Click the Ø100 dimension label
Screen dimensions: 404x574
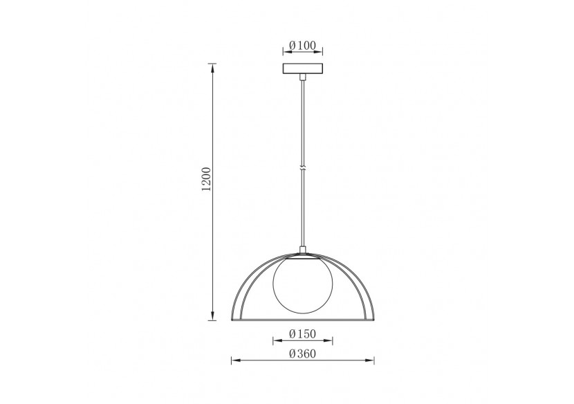pyautogui.click(x=303, y=46)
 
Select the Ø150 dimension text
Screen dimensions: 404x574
pyautogui.click(x=303, y=334)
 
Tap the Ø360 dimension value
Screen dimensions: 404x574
pyautogui.click(x=303, y=354)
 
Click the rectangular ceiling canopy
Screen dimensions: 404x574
pyautogui.click(x=303, y=71)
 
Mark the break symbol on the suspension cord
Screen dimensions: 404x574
pyautogui.click(x=303, y=168)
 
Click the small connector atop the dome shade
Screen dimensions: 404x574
pyautogui.click(x=302, y=251)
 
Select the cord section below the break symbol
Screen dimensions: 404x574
pyautogui.click(x=302, y=208)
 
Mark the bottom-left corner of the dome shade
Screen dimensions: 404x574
pyautogui.click(x=231, y=320)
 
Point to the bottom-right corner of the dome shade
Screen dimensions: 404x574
pyautogui.click(x=374, y=320)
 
